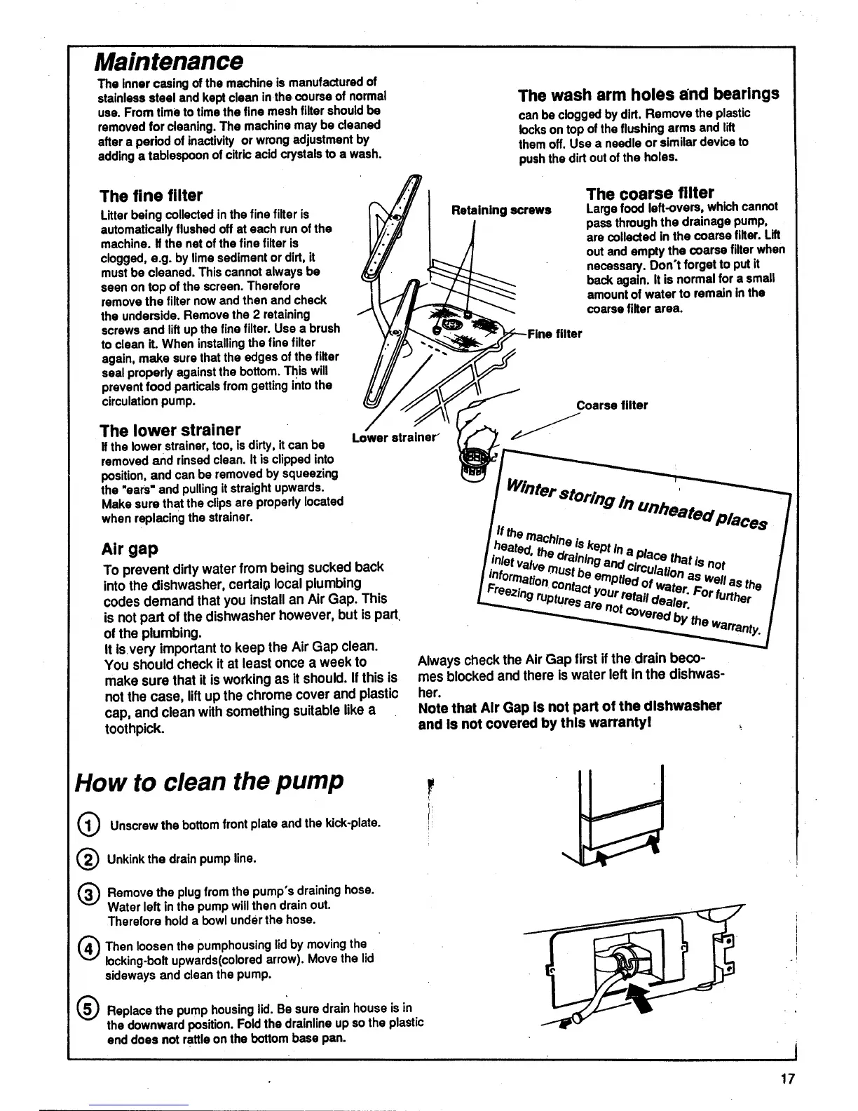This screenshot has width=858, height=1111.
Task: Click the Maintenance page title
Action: pyautogui.click(x=169, y=62)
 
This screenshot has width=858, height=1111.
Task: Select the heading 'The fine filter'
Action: pyautogui.click(x=151, y=196)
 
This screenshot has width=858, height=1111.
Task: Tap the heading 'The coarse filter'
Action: pyautogui.click(x=650, y=193)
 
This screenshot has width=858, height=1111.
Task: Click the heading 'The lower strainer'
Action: pyautogui.click(x=170, y=429)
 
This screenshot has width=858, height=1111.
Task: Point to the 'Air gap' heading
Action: pyautogui.click(x=130, y=548)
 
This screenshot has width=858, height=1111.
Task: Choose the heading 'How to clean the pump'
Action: pyautogui.click(x=210, y=781)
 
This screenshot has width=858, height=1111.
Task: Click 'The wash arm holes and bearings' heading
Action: pyautogui.click(x=648, y=95)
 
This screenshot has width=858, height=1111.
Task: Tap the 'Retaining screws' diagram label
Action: pyautogui.click(x=500, y=210)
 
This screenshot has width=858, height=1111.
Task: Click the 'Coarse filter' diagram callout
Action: pyautogui.click(x=612, y=405)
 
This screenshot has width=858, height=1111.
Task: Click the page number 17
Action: pyautogui.click(x=788, y=1079)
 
